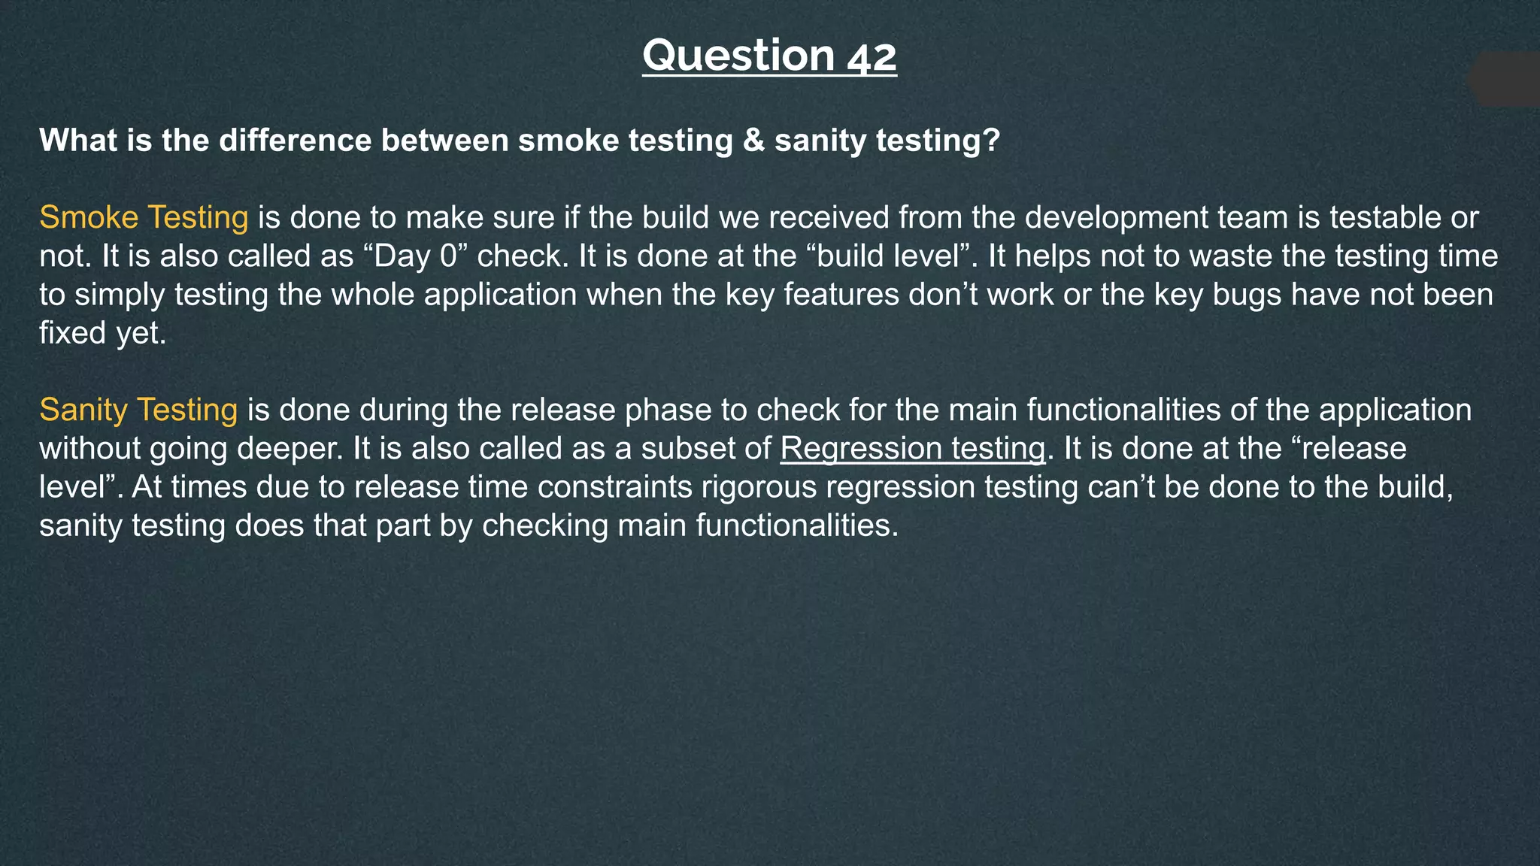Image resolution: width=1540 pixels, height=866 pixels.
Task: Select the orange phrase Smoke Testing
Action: click(x=144, y=217)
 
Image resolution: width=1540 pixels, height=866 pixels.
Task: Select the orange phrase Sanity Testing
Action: click(x=138, y=410)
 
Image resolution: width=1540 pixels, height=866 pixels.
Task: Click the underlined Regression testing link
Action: click(x=913, y=448)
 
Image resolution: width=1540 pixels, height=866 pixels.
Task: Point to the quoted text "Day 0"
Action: click(x=416, y=256)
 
